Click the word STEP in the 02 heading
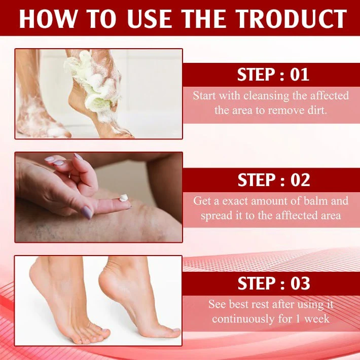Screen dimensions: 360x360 click(x=257, y=181)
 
